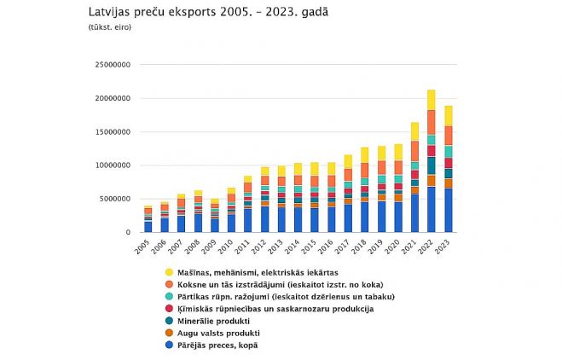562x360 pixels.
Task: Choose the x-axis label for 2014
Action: (x=298, y=247)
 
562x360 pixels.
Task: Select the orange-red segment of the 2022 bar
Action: (x=432, y=122)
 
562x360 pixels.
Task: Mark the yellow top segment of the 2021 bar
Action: (x=414, y=131)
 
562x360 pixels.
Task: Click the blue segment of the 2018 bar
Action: (x=365, y=217)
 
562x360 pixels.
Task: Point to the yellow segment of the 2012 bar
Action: (x=264, y=171)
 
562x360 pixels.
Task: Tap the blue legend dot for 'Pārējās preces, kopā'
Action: (x=171, y=345)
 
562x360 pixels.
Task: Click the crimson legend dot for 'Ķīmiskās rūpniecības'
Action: (x=171, y=308)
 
